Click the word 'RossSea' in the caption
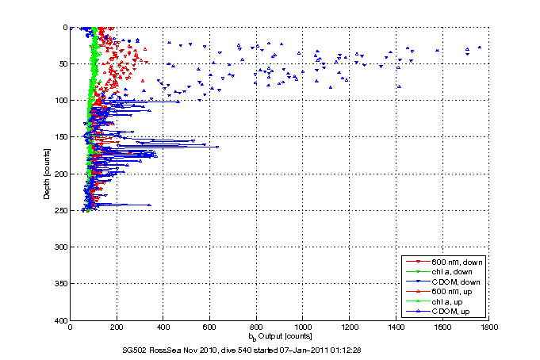[163, 349]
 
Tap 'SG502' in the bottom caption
[135, 349]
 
